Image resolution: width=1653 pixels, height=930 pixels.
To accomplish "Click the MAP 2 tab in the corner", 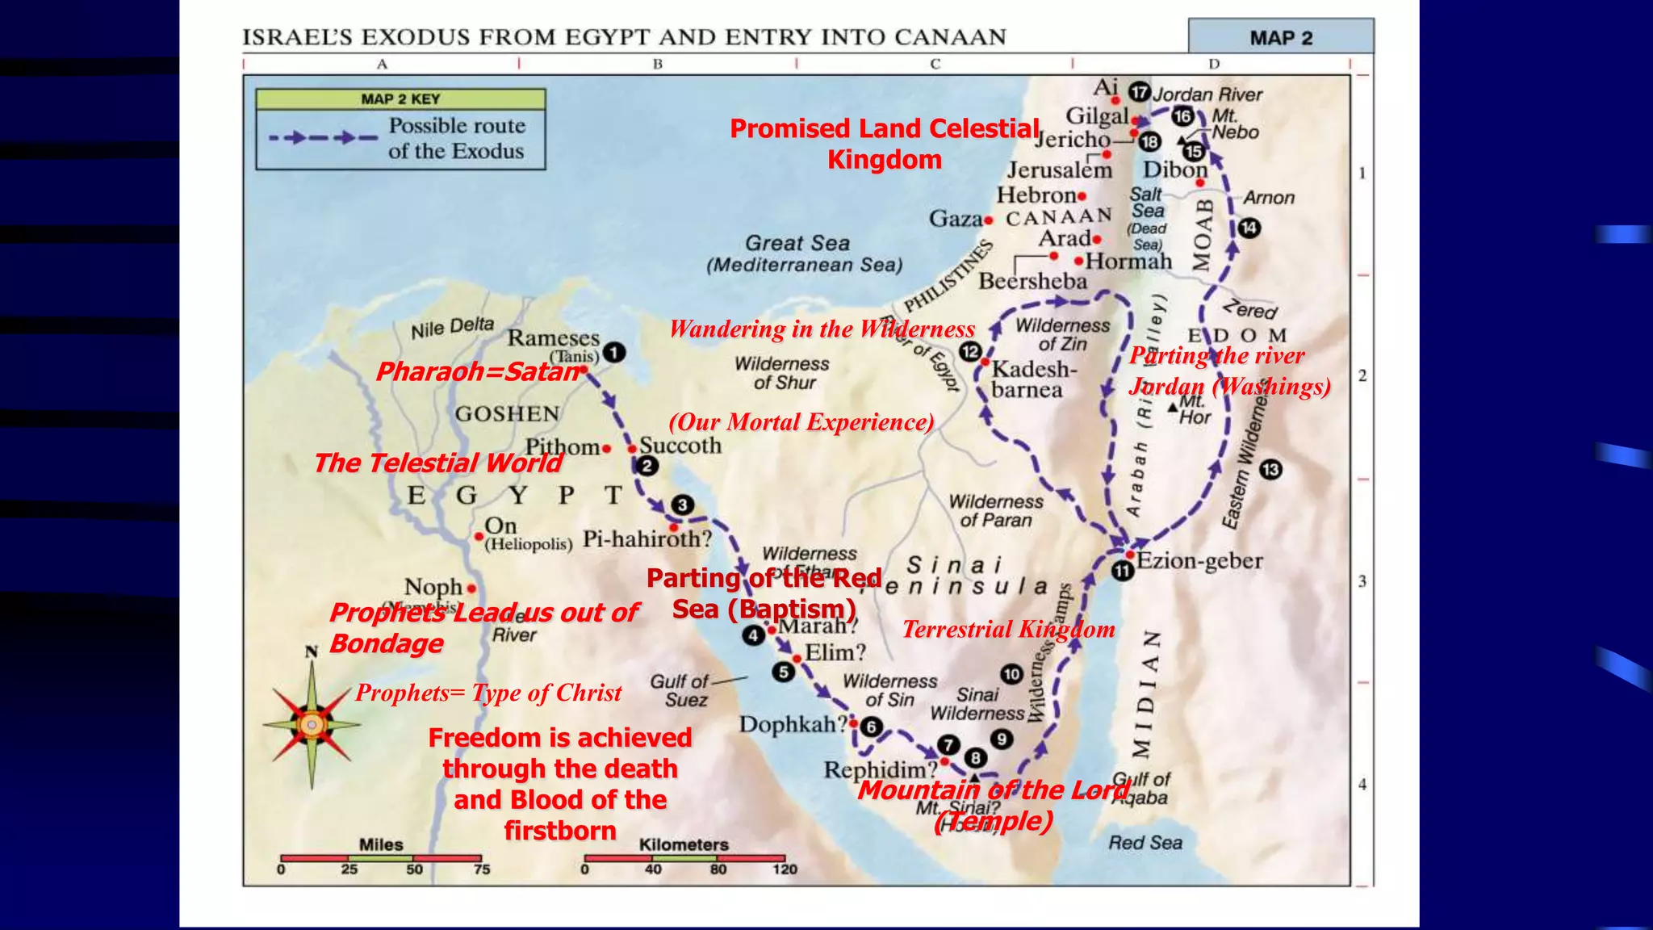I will coord(1281,38).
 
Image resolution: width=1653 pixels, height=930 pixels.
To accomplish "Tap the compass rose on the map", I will coord(312,723).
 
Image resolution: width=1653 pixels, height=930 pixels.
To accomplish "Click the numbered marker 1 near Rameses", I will coord(614,353).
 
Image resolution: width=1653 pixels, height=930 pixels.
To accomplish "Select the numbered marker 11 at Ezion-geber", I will coord(1123,572).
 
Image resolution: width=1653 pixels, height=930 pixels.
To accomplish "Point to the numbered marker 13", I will coord(1270,469).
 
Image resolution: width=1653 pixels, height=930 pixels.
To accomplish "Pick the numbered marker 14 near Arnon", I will coord(1249,228).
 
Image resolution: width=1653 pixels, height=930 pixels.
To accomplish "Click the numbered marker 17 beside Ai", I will coord(1139,92).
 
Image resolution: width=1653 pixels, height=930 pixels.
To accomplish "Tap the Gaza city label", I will coord(956,218).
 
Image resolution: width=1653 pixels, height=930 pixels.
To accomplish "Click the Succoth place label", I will coord(680,446).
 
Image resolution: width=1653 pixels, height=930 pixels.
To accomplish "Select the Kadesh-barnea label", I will coord(1033,379).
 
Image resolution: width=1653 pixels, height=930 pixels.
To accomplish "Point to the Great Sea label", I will coord(797,243).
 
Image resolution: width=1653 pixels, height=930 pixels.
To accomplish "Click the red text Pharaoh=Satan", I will coord(478,371).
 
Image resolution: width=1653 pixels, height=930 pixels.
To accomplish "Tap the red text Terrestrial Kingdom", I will coord(1008,629).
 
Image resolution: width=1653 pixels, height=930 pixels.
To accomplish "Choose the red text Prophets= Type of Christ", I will coord(488,693).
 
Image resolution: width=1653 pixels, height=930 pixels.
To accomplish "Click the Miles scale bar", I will coord(381,857).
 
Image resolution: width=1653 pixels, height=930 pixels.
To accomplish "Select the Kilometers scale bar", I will coord(684,857).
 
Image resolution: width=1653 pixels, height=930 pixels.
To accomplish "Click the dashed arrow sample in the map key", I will coord(323,138).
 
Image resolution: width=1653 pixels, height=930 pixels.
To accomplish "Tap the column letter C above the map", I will coord(935,64).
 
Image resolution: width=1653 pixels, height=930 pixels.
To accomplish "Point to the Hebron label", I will coord(1036,195).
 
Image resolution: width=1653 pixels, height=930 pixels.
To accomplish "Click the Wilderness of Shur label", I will coord(781,373).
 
